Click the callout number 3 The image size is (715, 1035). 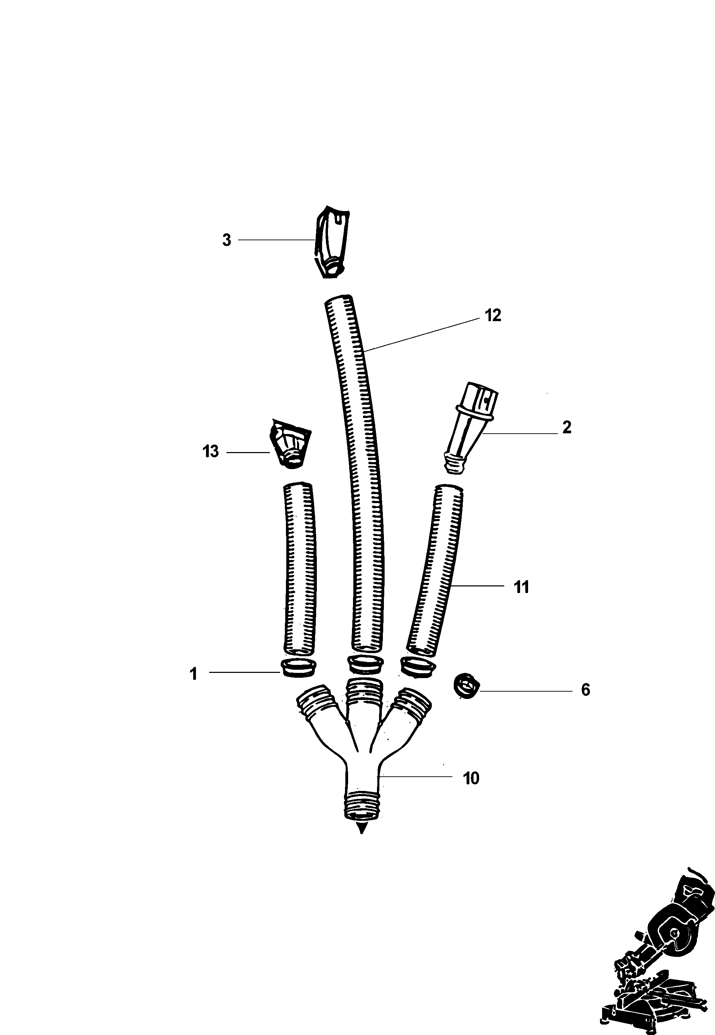(x=227, y=240)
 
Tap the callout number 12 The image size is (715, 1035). (x=493, y=316)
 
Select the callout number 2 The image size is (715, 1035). (x=567, y=427)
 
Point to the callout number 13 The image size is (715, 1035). (x=211, y=451)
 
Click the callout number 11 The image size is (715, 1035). (x=521, y=587)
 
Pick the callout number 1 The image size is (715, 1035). (x=194, y=674)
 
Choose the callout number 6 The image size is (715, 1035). (x=585, y=690)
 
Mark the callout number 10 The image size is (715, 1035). (x=471, y=778)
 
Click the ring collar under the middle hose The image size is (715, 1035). (x=365, y=664)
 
